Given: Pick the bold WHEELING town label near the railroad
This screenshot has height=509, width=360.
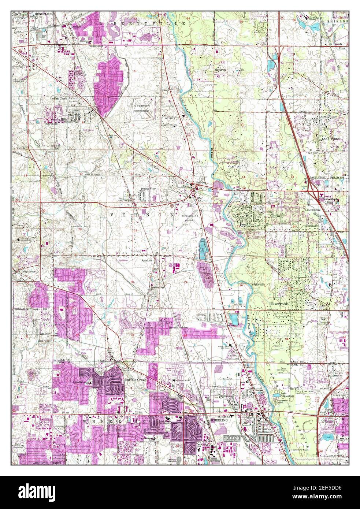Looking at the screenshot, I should click(x=219, y=420).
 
